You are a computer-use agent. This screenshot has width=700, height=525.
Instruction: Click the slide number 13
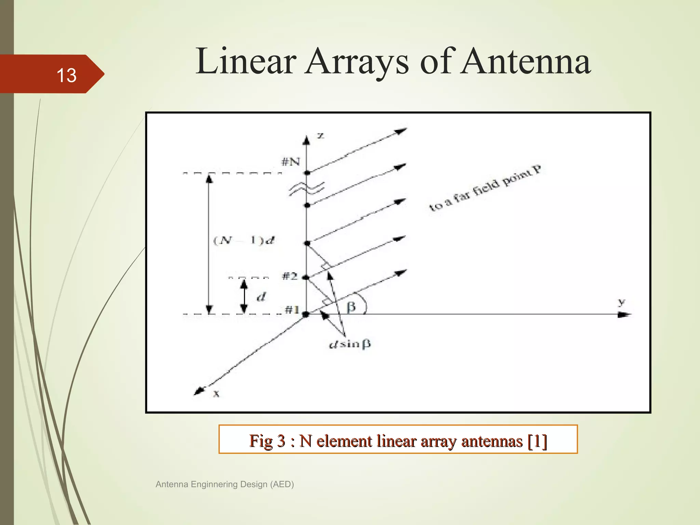click(x=66, y=75)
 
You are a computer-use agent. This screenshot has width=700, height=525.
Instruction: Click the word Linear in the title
click(x=245, y=62)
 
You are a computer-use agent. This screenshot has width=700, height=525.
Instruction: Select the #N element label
click(x=291, y=162)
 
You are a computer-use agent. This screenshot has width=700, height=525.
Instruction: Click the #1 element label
click(x=292, y=310)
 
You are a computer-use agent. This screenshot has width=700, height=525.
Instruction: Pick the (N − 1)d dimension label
click(x=244, y=240)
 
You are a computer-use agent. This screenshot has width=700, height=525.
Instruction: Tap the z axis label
click(x=321, y=135)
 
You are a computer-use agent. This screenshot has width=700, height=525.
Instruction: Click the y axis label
click(x=621, y=302)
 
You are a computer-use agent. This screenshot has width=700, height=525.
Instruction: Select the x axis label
click(x=216, y=394)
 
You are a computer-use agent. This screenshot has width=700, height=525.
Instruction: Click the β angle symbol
click(x=351, y=307)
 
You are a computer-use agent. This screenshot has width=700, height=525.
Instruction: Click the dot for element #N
click(x=307, y=173)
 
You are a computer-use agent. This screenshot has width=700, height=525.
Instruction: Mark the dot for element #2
click(x=306, y=278)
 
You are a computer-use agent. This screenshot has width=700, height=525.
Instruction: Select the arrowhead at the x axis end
click(x=199, y=391)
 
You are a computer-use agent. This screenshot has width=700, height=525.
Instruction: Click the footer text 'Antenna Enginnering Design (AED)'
click(x=225, y=484)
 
